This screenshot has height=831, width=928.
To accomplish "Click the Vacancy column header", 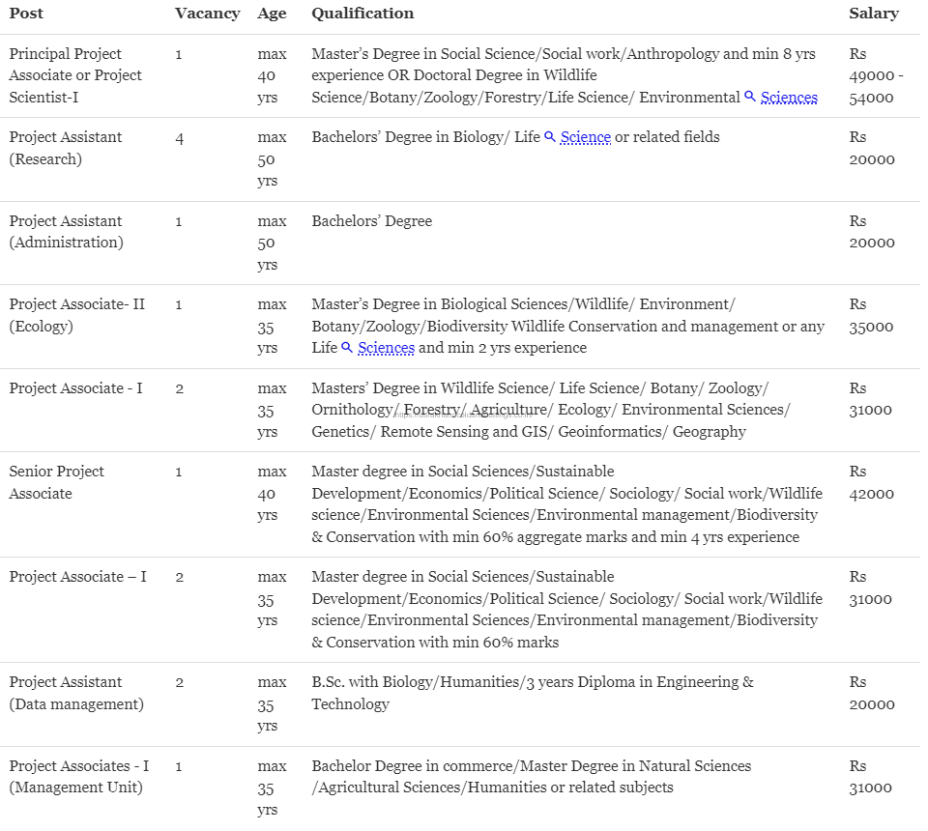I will click(x=207, y=14).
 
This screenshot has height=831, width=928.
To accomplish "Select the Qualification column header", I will click(x=362, y=14).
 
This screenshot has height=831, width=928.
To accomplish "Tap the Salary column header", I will click(x=873, y=14).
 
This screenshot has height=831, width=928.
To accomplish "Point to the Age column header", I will click(x=272, y=14).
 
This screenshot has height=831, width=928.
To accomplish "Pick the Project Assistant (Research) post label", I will click(x=66, y=148).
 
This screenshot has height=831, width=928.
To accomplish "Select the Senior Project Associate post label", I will click(x=56, y=482).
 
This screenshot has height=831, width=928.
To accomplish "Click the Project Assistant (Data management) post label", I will click(x=76, y=693).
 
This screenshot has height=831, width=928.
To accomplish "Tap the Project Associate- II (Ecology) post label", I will click(x=76, y=315).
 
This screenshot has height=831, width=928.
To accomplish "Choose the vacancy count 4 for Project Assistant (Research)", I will click(x=180, y=138).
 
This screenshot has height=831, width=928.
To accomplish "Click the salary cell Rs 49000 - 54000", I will click(x=876, y=75).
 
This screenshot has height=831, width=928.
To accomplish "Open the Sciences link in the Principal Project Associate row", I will click(x=789, y=98).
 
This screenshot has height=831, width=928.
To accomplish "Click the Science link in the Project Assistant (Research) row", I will click(x=585, y=138).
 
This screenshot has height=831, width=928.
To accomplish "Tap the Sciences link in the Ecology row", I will click(x=386, y=348).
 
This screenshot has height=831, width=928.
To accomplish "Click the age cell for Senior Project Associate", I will click(x=272, y=493).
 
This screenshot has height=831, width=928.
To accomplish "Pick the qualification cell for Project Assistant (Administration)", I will click(x=371, y=221).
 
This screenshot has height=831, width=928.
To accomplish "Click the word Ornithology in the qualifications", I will click(x=351, y=410).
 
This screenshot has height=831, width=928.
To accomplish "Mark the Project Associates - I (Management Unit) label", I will click(x=78, y=777).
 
